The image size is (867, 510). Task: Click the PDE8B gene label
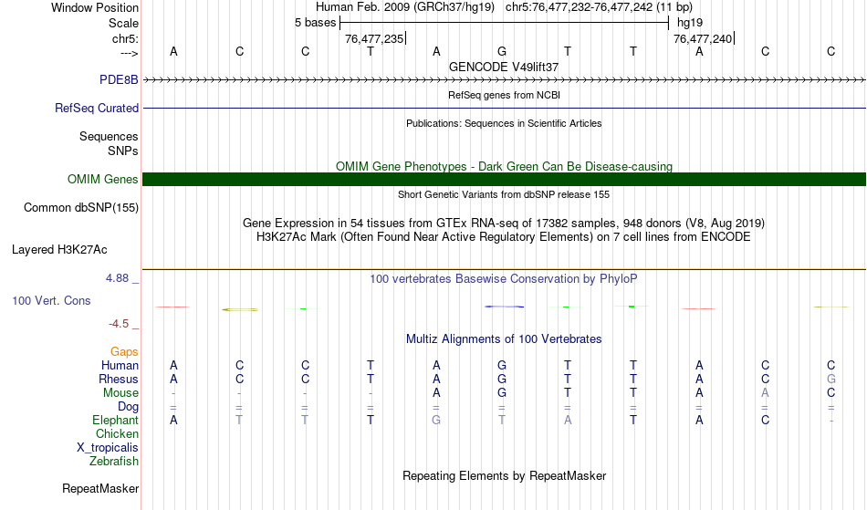119,79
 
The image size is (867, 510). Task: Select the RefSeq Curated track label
97,108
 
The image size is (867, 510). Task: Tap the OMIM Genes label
103,179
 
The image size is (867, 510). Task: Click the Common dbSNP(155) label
81,207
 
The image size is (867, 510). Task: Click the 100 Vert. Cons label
51,300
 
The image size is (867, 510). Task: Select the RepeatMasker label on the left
100,489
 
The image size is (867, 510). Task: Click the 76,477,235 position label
372,39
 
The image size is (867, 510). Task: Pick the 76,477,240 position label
701,39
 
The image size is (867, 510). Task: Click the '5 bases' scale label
315,22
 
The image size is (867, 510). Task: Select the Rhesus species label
120,379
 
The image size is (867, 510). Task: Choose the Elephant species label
115,420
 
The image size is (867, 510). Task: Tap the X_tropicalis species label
108,447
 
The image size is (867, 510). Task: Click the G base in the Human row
502,365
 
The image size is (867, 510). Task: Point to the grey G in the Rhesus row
830,379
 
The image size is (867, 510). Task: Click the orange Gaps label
124,351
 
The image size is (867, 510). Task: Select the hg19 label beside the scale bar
689,22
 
